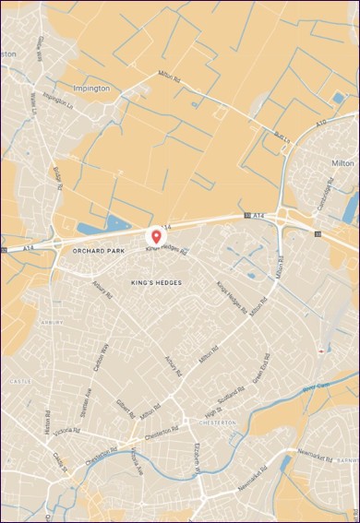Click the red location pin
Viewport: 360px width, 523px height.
(x=156, y=238)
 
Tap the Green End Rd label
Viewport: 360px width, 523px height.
(x=260, y=370)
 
